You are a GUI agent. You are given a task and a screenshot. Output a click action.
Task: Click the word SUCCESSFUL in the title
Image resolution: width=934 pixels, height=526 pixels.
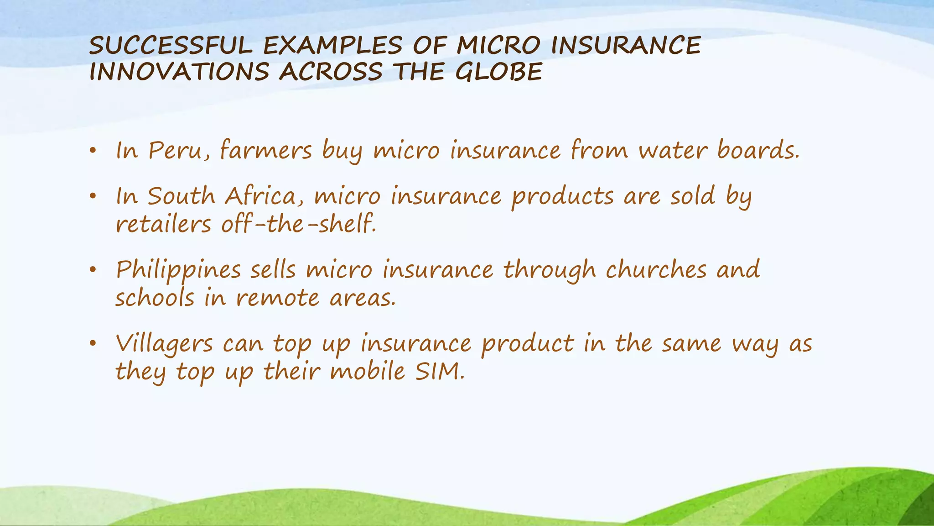171,46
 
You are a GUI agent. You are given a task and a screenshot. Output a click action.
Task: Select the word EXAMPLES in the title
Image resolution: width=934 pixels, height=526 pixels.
333,46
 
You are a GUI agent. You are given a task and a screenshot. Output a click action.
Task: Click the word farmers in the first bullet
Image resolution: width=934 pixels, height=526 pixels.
266,150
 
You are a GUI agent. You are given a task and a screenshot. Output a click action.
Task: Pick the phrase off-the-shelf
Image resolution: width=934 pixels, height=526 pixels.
299,224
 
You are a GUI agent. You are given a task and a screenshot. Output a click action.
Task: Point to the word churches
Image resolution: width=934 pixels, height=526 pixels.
656,269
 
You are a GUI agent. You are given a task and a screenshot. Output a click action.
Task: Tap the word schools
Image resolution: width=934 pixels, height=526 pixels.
155,298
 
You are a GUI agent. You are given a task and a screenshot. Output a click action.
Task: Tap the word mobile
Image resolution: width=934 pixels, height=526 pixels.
368,371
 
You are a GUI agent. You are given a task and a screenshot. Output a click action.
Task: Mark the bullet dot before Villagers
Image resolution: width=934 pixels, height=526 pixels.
93,344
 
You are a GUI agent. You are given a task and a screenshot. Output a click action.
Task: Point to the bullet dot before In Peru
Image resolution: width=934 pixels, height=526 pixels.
93,151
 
